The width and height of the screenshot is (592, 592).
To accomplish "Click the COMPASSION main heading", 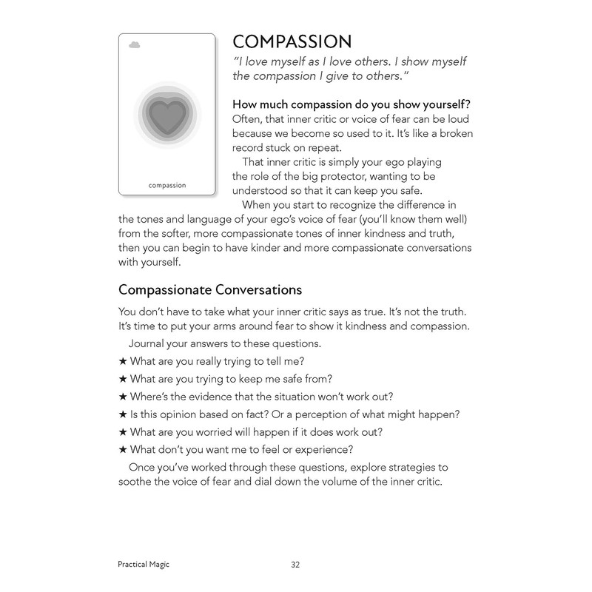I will [x=292, y=41].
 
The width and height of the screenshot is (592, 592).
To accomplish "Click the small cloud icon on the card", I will [x=134, y=45].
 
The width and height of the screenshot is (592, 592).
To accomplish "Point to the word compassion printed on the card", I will [x=166, y=185].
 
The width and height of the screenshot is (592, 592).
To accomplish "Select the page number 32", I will [x=295, y=565].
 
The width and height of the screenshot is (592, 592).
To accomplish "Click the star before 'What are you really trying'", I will [x=123, y=361].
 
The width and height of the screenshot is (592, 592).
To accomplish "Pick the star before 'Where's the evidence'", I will [x=123, y=396].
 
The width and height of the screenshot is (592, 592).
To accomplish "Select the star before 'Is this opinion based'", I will [x=123, y=414].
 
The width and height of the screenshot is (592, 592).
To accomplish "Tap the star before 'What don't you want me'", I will [x=123, y=449].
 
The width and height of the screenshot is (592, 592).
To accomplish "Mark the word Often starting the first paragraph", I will [x=249, y=118].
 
